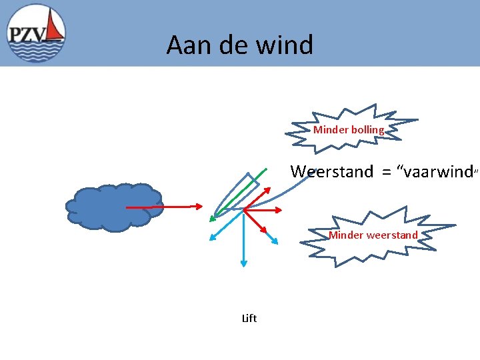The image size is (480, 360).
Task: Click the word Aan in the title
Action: click(x=184, y=45)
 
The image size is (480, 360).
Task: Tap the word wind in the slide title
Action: click(x=289, y=45)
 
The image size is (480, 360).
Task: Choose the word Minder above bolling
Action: click(x=330, y=130)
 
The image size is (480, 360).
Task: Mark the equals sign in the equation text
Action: click(x=385, y=173)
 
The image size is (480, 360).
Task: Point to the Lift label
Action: click(x=249, y=319)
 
